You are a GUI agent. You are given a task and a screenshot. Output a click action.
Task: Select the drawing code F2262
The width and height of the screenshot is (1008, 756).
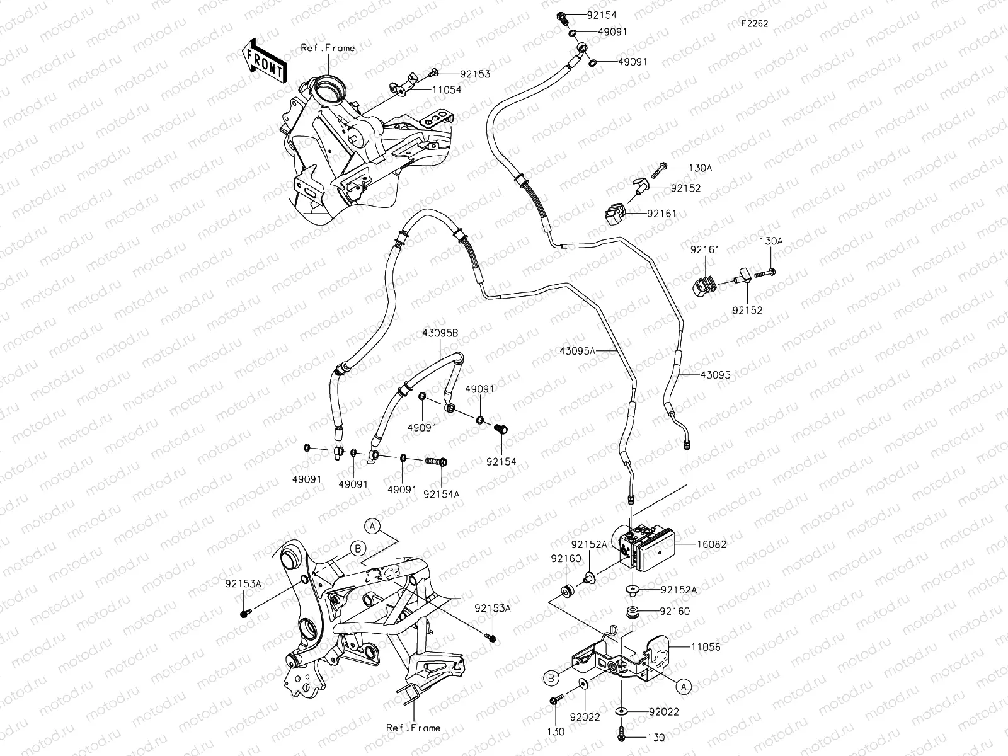(754, 23)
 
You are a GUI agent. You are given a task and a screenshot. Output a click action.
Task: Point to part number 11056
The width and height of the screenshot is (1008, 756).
(706, 647)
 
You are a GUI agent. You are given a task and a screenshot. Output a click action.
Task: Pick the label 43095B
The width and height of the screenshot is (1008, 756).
(440, 334)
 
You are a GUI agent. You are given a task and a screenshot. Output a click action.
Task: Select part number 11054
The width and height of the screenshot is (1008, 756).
(446, 90)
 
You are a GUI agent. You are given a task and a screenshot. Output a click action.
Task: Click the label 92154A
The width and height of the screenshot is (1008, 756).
(441, 494)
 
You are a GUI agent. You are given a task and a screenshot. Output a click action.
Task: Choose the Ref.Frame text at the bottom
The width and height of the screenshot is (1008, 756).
(413, 728)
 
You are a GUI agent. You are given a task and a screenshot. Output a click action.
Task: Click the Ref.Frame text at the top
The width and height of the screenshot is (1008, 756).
(328, 48)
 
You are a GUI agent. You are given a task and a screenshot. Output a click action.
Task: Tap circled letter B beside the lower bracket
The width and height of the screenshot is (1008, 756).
(551, 679)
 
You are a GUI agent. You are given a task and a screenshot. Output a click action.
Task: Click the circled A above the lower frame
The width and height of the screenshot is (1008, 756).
(372, 525)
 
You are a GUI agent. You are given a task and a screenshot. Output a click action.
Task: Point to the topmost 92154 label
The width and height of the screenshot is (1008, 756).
(602, 15)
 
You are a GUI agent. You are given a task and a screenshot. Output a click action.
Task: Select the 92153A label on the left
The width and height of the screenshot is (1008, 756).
(243, 583)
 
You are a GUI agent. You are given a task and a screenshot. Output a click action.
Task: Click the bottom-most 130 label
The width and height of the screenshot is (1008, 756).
(655, 737)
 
